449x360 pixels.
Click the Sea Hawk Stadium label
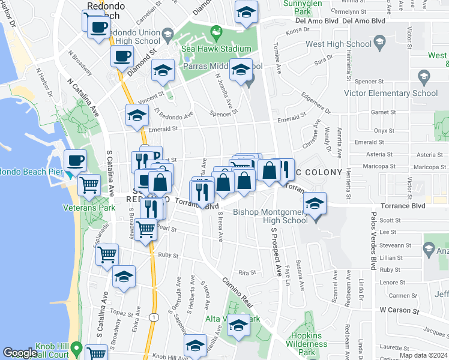[217, 49]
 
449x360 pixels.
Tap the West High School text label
[339, 44]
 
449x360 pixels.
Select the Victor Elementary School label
[391, 93]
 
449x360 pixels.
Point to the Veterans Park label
[89, 208]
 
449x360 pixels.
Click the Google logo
[20, 353]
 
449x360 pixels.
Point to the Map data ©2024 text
[424, 355]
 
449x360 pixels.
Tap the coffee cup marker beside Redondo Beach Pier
[76, 160]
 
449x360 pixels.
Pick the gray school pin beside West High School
[379, 41]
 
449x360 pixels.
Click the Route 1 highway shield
[154, 317]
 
